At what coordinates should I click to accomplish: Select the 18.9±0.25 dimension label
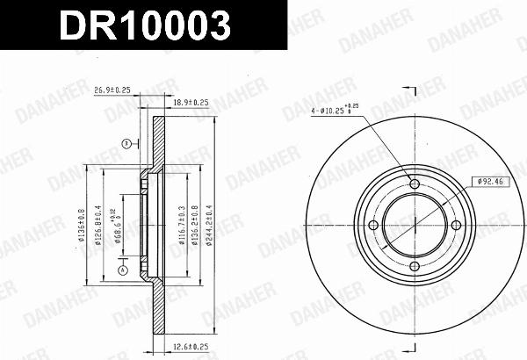tap(191, 103)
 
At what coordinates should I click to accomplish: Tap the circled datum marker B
tap(126, 143)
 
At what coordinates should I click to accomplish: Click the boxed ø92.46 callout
tap(490, 181)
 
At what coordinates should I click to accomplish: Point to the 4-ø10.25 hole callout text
tap(335, 111)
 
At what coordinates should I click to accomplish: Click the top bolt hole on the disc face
tap(415, 184)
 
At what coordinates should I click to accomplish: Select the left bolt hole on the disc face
tap(373, 226)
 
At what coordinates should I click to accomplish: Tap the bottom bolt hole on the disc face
tap(415, 267)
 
